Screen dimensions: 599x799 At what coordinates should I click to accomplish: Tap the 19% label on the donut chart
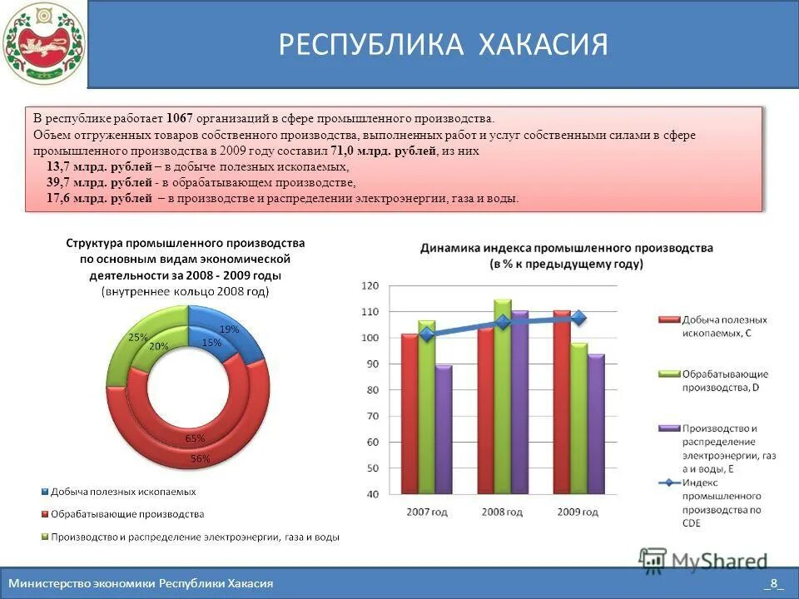229,329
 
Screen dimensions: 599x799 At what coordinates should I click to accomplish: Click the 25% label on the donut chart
137,338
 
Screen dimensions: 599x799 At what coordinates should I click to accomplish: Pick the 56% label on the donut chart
201,458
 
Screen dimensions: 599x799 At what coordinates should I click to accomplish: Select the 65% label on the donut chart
196,438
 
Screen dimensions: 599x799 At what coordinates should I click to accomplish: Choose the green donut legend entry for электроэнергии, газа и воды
191,537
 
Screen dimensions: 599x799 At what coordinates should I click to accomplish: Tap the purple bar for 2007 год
444,429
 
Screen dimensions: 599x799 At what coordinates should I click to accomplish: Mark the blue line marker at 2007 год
427,334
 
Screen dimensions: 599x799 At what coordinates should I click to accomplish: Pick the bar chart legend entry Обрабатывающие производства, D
724,380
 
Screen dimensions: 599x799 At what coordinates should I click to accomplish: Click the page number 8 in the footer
773,583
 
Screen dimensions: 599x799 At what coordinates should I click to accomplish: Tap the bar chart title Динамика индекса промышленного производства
566,248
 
